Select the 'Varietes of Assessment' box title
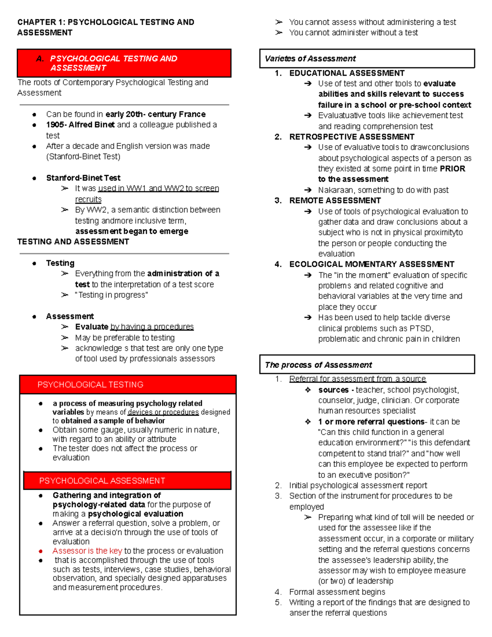tap(310, 59)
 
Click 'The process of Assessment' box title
tap(319, 365)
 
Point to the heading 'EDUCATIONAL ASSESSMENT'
tap(347, 73)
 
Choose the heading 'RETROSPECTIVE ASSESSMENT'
tap(352, 137)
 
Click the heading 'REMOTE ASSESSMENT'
tap(335, 201)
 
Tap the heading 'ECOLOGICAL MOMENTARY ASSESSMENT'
tap(372, 264)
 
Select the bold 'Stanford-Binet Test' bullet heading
tap(83, 178)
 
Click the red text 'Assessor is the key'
tap(87, 551)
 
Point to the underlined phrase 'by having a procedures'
tap(152, 327)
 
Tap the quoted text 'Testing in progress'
tap(112, 295)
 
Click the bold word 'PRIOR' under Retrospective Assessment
tap(453, 169)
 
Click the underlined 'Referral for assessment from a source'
tap(358, 379)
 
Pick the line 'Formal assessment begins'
tap(337, 592)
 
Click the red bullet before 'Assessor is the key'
tap(41, 551)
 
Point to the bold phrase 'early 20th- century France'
tap(155, 114)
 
